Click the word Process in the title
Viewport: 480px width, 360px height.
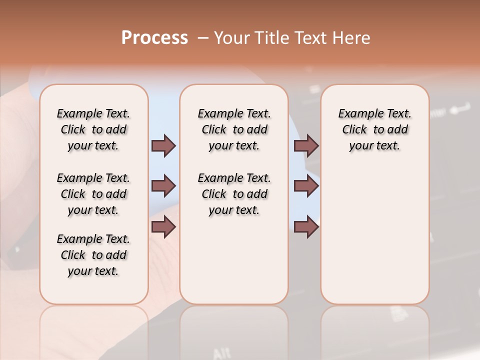coord(154,38)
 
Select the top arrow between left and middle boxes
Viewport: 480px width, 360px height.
coord(163,145)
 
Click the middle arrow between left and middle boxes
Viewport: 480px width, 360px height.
coord(163,186)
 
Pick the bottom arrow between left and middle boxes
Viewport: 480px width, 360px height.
coord(163,227)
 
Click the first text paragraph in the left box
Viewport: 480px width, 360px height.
coord(93,129)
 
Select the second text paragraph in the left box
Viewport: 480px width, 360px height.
coord(93,194)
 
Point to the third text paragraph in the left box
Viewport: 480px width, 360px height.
coord(93,255)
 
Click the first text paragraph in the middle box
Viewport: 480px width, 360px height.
coord(234,129)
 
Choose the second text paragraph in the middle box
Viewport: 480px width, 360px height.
coord(234,194)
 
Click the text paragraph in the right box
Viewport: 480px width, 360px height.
coord(374,129)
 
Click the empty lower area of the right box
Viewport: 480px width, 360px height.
coord(374,240)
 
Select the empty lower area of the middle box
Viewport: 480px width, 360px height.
coord(234,260)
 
